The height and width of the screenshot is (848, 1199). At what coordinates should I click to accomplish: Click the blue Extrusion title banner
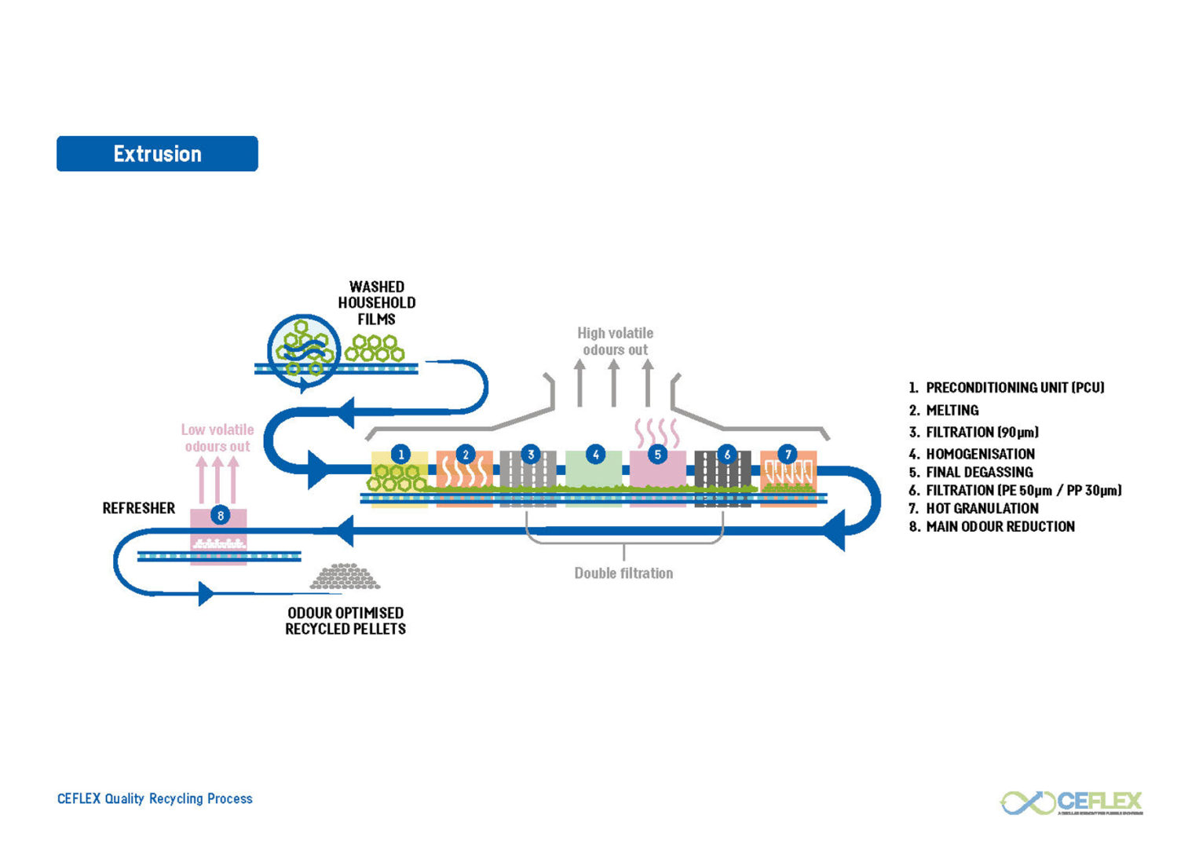coord(157,154)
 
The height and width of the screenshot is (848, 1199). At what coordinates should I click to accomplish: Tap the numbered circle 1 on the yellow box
coord(400,454)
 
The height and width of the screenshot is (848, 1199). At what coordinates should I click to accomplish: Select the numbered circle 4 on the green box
coord(595,454)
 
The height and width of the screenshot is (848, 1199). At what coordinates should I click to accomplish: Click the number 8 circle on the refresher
coord(221,515)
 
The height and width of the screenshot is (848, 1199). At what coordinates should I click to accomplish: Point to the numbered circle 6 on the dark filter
coord(726,454)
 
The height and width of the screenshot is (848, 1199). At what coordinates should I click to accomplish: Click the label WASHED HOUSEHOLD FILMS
coord(377,303)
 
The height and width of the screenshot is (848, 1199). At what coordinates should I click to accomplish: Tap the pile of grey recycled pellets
coord(345,577)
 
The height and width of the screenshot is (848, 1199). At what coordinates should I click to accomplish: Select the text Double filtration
coord(623,573)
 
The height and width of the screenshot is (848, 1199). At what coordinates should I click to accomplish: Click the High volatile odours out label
coord(616,342)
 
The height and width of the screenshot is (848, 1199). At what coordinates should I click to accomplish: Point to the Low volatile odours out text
coord(218,438)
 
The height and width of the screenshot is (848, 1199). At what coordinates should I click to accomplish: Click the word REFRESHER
coord(139,508)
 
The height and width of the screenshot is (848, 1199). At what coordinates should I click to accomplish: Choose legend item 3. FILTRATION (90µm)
coord(974,432)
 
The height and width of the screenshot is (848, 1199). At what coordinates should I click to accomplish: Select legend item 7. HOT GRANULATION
coord(974,508)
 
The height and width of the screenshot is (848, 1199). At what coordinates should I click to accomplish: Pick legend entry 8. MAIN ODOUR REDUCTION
coord(992,527)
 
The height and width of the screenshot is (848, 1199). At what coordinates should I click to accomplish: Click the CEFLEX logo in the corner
coord(1072,802)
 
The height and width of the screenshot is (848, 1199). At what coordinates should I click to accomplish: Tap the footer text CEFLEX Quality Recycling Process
coord(155,799)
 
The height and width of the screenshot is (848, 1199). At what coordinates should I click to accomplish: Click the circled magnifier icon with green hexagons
coord(304,351)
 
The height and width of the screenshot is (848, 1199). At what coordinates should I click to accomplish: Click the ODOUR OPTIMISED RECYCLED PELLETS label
coord(345,621)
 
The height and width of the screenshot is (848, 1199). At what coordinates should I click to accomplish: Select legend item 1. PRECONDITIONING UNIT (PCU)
coord(1007,388)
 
